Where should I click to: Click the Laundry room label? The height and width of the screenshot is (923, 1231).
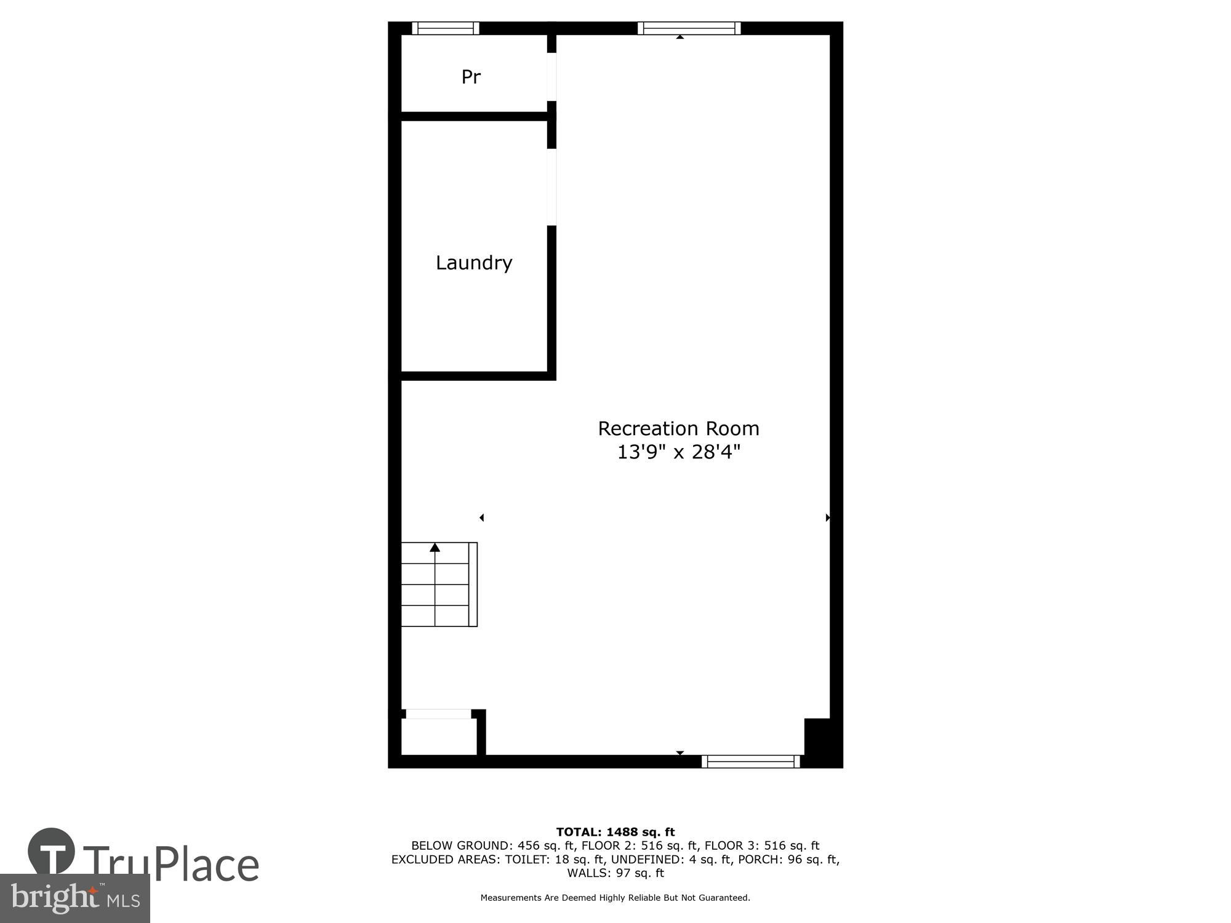pyautogui.click(x=474, y=263)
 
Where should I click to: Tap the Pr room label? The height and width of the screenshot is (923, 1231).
pyautogui.click(x=471, y=77)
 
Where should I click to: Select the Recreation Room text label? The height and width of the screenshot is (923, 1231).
pyautogui.click(x=678, y=428)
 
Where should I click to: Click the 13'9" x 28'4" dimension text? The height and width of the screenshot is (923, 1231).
pyautogui.click(x=678, y=452)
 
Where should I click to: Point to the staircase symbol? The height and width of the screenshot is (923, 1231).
pyautogui.click(x=439, y=585)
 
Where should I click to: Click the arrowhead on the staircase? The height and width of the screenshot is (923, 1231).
pyautogui.click(x=435, y=547)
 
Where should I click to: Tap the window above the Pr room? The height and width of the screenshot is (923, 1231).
pyautogui.click(x=446, y=28)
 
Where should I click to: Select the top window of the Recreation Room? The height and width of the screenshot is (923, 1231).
pyautogui.click(x=689, y=28)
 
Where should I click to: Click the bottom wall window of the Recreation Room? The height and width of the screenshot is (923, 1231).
pyautogui.click(x=750, y=761)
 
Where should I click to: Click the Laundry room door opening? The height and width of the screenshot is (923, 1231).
pyautogui.click(x=552, y=187)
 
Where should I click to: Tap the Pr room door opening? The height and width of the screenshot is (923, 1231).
pyautogui.click(x=552, y=77)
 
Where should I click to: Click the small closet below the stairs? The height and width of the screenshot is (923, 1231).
pyautogui.click(x=438, y=735)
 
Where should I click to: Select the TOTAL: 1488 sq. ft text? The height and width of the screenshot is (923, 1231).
pyautogui.click(x=615, y=833)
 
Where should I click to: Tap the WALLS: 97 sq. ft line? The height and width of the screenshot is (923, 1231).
pyautogui.click(x=615, y=873)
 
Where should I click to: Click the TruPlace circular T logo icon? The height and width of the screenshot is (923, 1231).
pyautogui.click(x=52, y=851)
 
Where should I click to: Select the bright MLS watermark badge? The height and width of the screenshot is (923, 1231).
pyautogui.click(x=75, y=898)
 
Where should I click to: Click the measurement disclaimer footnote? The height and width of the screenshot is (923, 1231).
pyautogui.click(x=615, y=898)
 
